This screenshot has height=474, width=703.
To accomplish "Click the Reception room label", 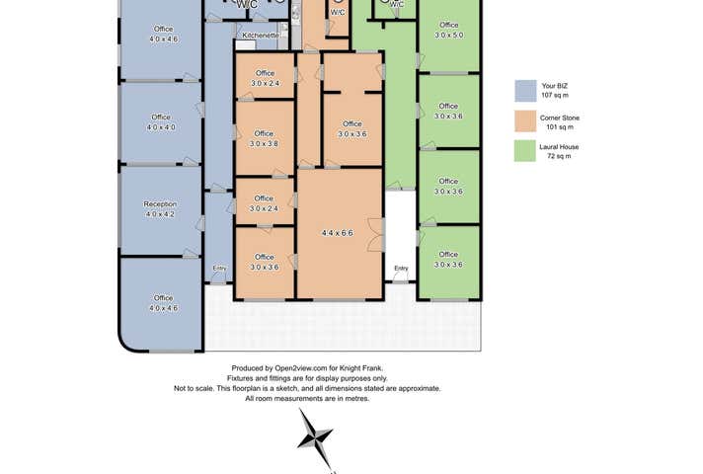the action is (160, 204).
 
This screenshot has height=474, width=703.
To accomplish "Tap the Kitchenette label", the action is (261, 35).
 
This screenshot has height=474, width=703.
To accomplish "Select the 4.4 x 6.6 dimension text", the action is (337, 233).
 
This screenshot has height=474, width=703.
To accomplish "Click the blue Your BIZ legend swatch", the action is (525, 91).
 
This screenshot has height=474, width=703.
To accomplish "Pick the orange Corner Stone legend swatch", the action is (525, 121).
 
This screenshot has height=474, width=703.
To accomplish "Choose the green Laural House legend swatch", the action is (525, 151).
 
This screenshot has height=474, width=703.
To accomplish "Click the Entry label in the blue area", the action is (219, 269).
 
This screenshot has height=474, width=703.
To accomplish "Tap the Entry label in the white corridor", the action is (401, 269).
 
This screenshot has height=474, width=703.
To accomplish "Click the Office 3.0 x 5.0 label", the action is (449, 30).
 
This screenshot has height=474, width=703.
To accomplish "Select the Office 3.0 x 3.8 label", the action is (264, 138).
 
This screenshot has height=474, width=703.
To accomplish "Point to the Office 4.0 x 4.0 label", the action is (161, 122).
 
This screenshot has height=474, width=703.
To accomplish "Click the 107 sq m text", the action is (555, 95).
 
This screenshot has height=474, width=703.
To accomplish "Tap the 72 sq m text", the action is (559, 156).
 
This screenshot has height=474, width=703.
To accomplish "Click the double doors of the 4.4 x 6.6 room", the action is (376, 235).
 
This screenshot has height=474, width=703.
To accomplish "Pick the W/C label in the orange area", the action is (338, 13).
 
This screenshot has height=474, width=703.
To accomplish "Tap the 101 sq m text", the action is (560, 127).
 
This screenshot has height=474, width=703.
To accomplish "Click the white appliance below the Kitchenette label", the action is (245, 44).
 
